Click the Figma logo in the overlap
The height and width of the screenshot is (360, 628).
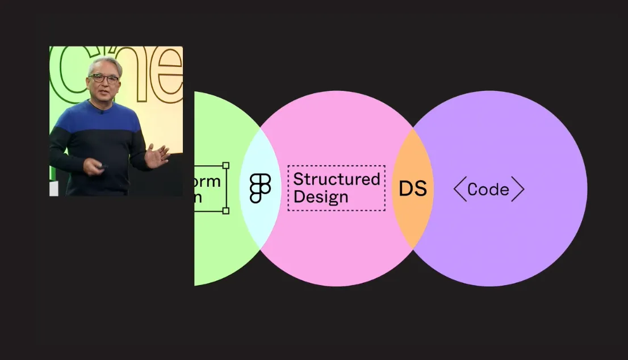tap(260, 189)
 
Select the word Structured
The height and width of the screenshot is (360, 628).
tap(336, 179)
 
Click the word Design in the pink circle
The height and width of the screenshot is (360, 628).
tap(321, 198)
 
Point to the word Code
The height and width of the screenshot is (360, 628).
tap(488, 190)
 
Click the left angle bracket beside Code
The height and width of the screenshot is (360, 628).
tap(459, 189)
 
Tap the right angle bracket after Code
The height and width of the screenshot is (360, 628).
tap(517, 189)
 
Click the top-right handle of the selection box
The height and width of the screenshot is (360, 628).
tap(225, 166)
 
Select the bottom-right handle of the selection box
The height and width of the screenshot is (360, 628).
tap(225, 211)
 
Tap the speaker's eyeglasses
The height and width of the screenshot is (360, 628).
tap(104, 78)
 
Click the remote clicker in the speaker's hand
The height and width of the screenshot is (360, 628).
tap(102, 166)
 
